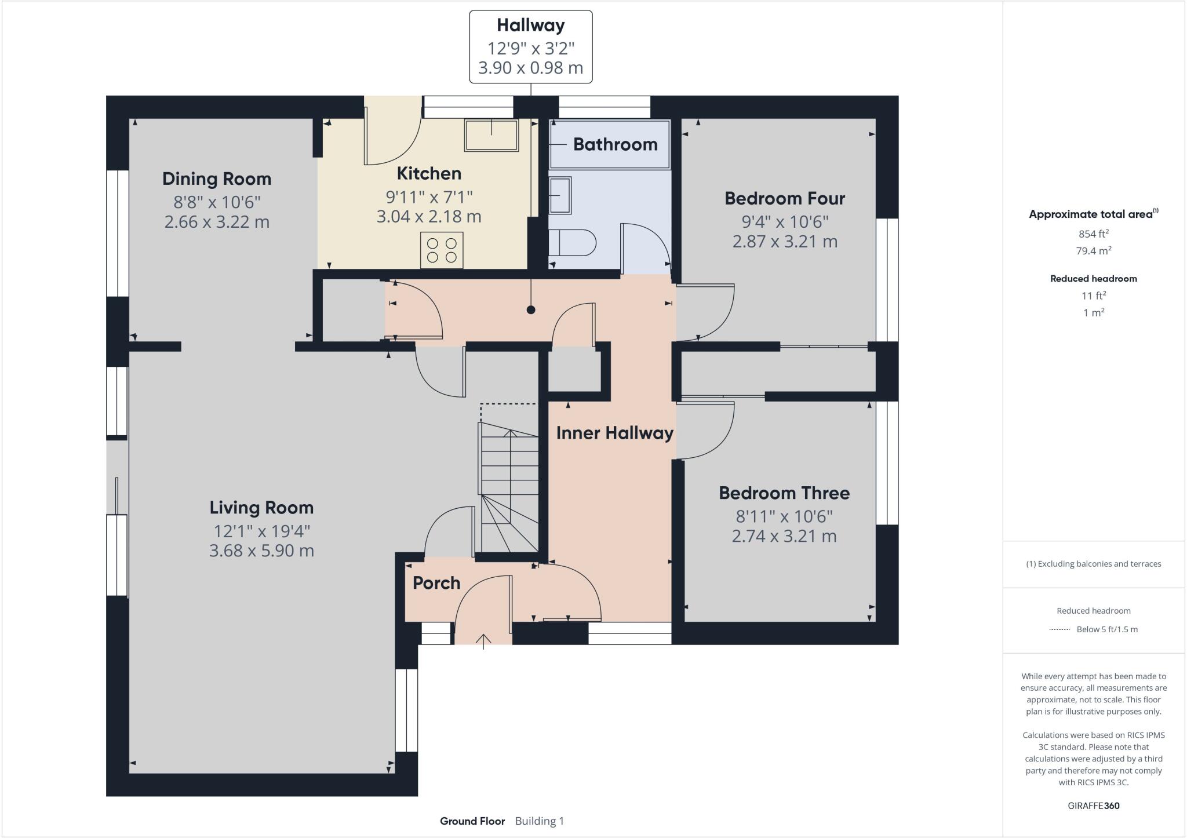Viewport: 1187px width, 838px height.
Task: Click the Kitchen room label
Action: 429,173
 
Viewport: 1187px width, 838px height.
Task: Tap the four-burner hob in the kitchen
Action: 442,250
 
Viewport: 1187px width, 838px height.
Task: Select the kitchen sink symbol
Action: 491,136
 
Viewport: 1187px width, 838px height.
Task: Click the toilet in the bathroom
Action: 572,242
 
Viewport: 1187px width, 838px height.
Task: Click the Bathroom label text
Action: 616,144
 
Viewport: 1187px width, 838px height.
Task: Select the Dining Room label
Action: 217,178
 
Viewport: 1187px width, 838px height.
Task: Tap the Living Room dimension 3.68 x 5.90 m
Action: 261,551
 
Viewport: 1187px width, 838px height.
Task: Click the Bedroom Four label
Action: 785,198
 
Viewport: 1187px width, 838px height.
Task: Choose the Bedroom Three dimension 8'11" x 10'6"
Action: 784,516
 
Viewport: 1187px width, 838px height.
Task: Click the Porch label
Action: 436,583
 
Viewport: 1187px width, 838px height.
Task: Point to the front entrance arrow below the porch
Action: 483,642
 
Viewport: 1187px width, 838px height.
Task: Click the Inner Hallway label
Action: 614,433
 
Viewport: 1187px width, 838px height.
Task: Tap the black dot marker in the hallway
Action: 531,310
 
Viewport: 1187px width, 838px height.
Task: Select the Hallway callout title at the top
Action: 531,25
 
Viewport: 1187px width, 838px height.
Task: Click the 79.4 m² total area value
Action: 1094,250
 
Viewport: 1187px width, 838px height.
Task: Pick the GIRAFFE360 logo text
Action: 1094,806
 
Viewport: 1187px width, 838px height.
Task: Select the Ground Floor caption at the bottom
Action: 472,821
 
